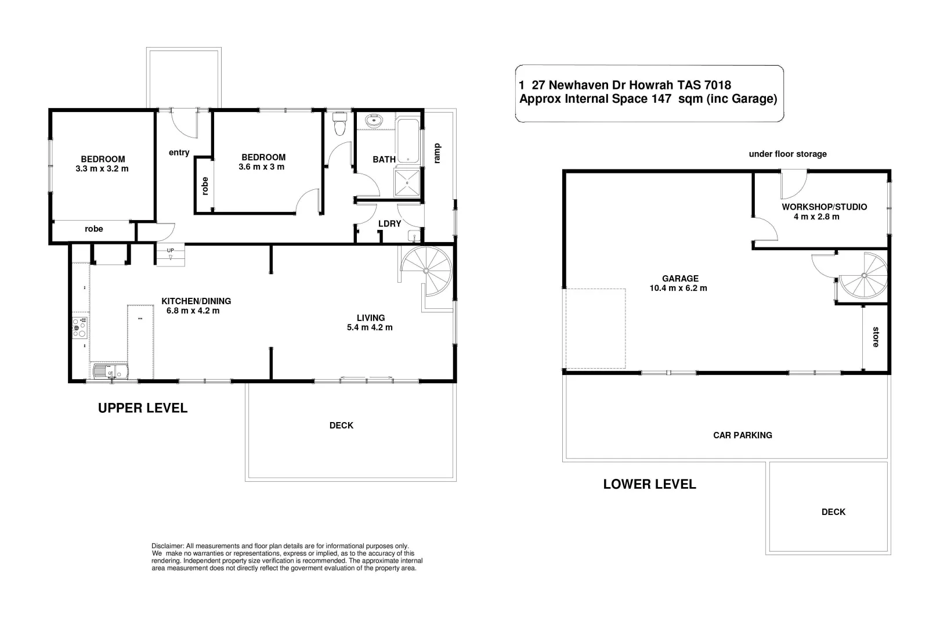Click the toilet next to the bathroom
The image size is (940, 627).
coord(340,123)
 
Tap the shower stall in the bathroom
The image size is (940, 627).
coord(409,182)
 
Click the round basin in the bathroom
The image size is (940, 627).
coord(373,121)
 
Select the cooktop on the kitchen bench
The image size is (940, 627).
coord(79,327)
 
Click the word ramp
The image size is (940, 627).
coord(438,153)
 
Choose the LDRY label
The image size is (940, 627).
coord(389,224)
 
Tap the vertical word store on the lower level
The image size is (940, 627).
coord(876,337)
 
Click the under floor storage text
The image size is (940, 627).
coord(787,154)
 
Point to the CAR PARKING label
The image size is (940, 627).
coord(742,435)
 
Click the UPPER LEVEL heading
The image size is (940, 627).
coord(143,408)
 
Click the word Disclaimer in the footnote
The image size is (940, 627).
coord(167,546)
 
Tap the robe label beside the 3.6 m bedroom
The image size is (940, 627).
coord(204,185)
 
